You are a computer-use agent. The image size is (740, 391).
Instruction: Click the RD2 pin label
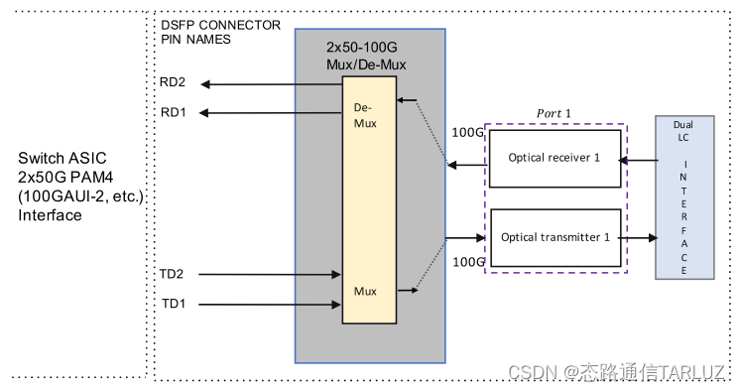173,82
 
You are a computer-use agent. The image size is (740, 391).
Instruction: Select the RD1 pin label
173,112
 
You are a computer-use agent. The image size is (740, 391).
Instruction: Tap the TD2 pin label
173,273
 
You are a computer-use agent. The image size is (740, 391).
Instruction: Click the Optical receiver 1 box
554,158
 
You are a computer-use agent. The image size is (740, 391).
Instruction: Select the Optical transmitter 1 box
554,237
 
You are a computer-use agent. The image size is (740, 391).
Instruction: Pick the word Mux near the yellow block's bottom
366,291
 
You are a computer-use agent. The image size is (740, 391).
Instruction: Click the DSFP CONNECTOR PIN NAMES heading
219,32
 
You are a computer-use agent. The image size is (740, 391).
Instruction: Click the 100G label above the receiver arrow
466,131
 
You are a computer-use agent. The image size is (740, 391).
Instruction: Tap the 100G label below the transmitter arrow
466,261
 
